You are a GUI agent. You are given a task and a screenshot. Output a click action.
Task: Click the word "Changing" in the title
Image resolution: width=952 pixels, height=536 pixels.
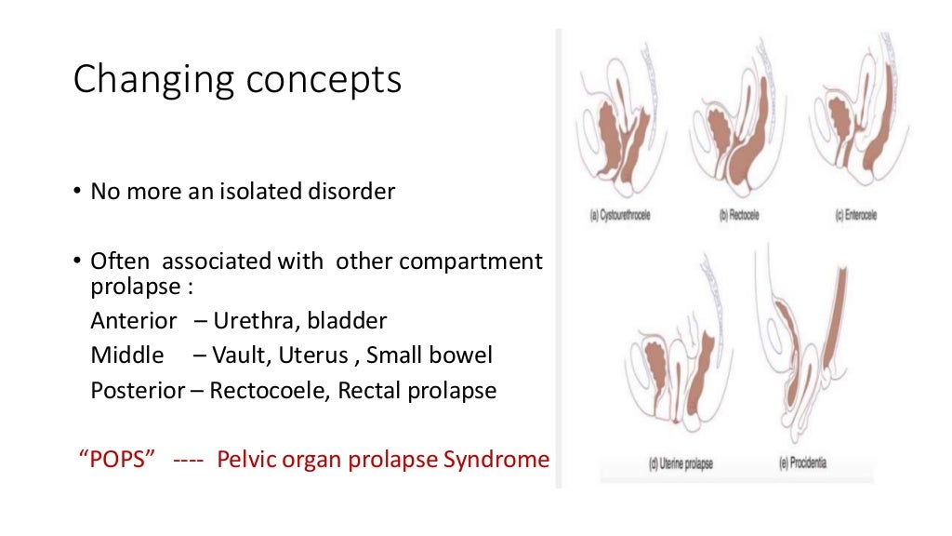pos(152,80)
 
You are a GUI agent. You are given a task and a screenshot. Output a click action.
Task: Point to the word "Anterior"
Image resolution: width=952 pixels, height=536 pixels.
pos(133,321)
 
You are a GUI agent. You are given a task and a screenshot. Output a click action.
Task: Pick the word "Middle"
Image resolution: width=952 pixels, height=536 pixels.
pos(126,355)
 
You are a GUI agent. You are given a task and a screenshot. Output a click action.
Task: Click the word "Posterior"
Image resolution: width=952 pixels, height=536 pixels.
pos(138,390)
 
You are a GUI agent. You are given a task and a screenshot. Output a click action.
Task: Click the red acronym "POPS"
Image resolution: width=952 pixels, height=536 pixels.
pos(116,460)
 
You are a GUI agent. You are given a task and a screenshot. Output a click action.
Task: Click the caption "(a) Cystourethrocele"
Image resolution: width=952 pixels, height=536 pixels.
pos(620,216)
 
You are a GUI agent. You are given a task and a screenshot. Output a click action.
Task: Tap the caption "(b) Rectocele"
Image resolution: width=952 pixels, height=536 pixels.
pos(739,216)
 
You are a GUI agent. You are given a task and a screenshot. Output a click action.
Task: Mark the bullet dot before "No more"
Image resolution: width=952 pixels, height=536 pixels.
pos(77,194)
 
